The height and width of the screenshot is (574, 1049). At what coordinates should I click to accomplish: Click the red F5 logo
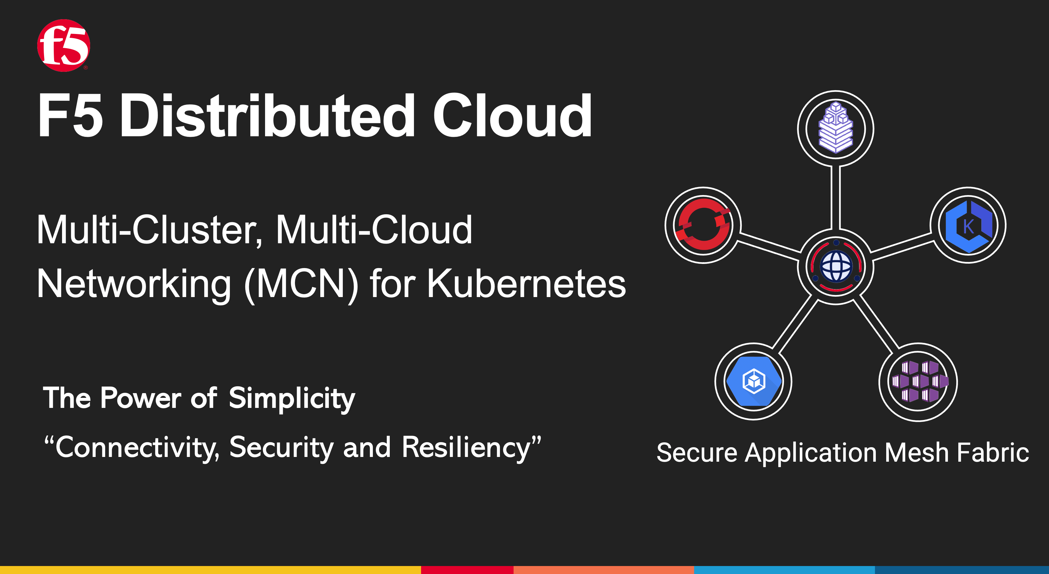click(x=64, y=45)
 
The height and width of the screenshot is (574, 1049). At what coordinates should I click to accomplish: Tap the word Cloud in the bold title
click(x=512, y=116)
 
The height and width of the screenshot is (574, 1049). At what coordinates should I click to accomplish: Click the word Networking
click(x=134, y=284)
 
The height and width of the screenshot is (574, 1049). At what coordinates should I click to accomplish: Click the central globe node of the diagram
click(x=836, y=267)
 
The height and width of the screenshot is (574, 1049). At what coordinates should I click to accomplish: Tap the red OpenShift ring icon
click(x=703, y=225)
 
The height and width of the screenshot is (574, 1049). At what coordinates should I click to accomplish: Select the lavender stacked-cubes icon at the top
click(x=836, y=127)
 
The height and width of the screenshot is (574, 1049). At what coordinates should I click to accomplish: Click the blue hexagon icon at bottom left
click(x=754, y=381)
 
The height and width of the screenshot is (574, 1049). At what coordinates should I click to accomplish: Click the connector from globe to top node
click(x=836, y=198)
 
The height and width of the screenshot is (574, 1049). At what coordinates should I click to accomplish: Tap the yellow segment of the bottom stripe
click(x=210, y=570)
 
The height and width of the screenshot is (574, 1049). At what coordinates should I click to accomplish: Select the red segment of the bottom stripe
click(x=467, y=570)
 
